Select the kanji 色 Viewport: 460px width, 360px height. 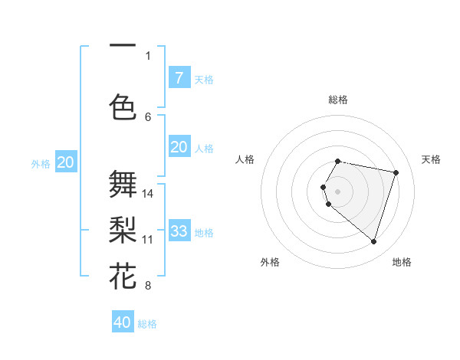click(x=123, y=106)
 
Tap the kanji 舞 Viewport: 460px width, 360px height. click(x=123, y=184)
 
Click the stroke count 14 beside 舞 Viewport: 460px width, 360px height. click(x=148, y=193)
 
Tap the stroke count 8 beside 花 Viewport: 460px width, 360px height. click(x=148, y=286)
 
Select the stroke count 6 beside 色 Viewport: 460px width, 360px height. click(x=148, y=116)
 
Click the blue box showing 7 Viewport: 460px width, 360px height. click(x=179, y=77)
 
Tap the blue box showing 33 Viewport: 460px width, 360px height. click(x=179, y=231)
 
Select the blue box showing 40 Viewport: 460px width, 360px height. click(x=122, y=322)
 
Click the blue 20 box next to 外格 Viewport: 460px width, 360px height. click(x=66, y=162)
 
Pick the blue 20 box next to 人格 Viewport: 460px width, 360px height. click(x=179, y=147)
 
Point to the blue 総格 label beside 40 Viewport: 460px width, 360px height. click(x=148, y=324)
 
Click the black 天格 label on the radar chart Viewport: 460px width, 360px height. click(x=431, y=159)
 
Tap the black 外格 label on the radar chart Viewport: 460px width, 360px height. click(x=270, y=262)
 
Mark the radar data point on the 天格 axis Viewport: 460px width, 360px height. click(x=396, y=172)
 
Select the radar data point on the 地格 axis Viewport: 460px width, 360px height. click(x=373, y=242)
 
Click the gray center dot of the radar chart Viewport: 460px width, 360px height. click(x=337, y=190)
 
